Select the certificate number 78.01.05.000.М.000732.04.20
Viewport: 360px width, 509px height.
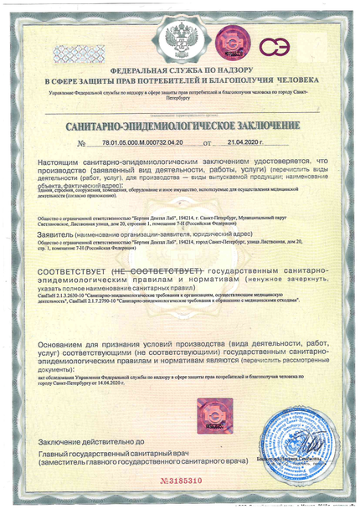pyautogui.click(x=141, y=143)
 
